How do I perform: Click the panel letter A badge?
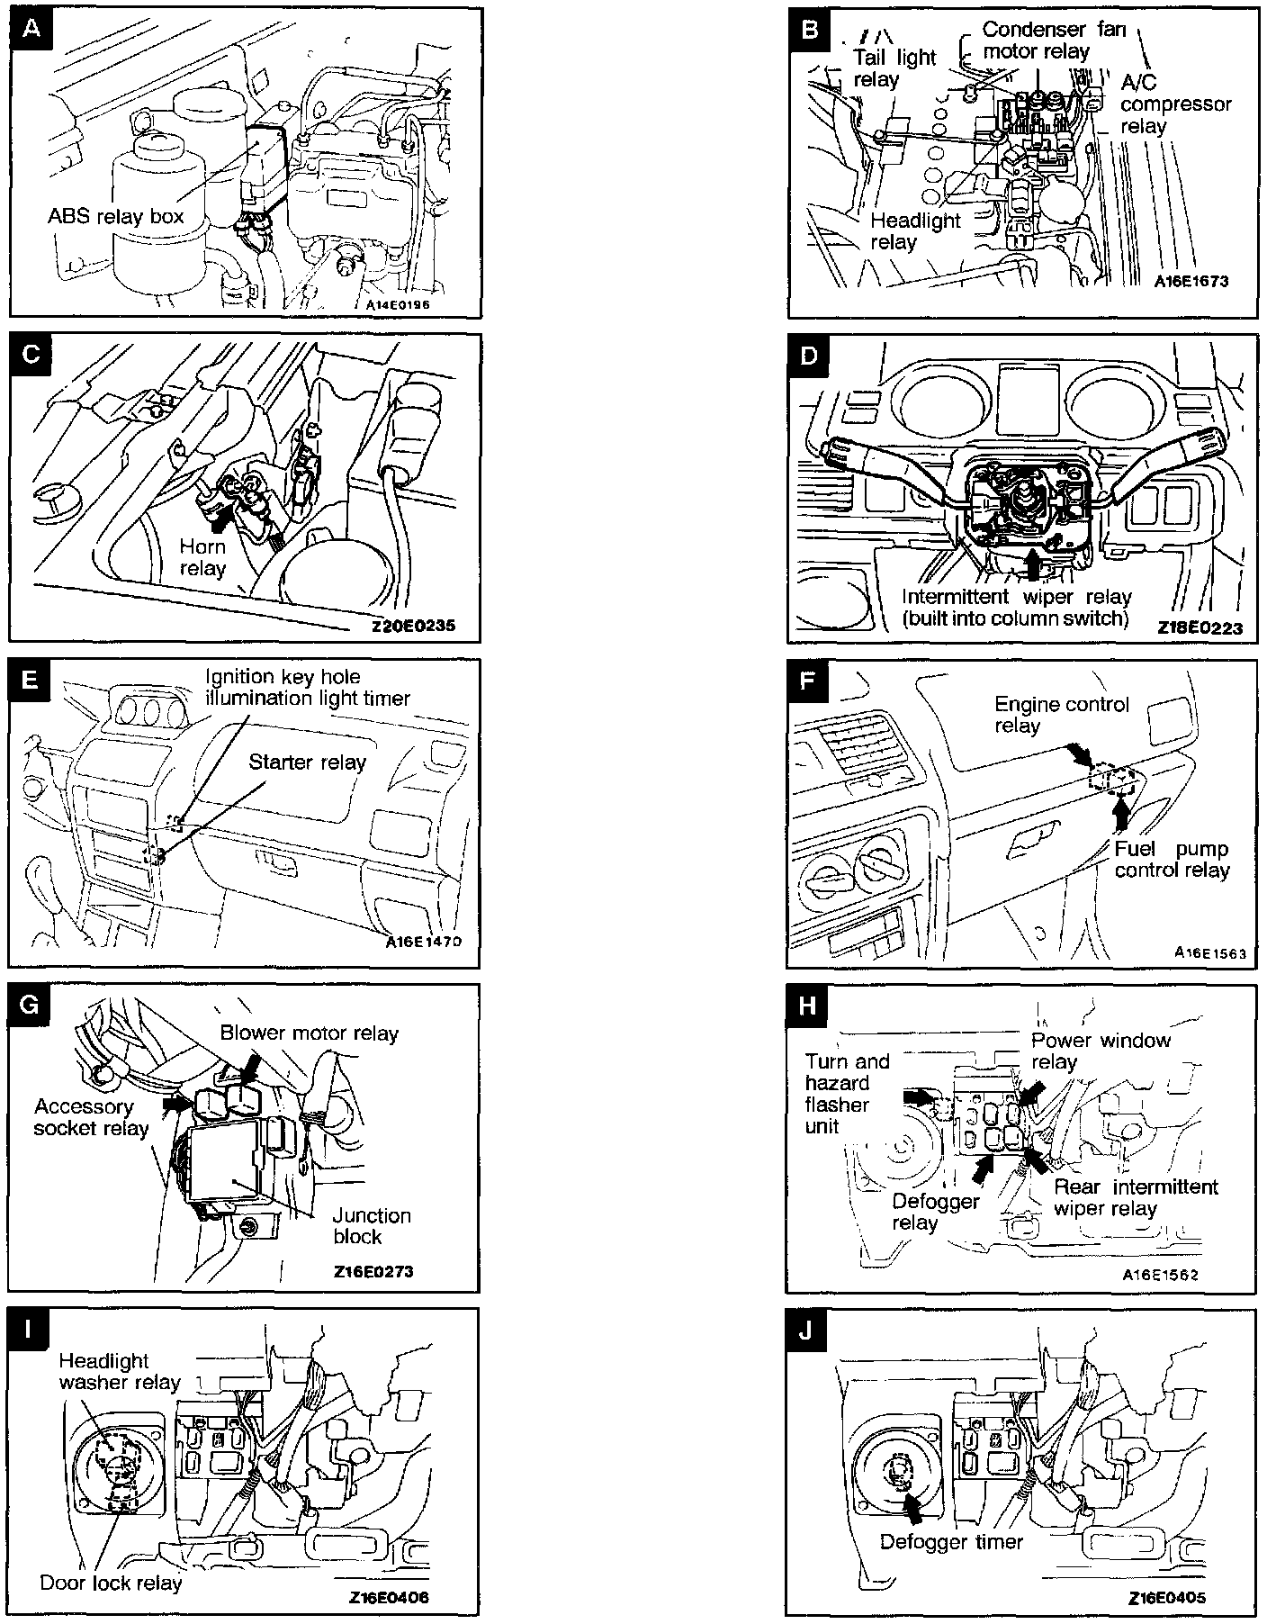point(31,30)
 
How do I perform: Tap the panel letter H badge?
point(807,1005)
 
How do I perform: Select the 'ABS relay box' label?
point(115,216)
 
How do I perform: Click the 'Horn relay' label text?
point(202,557)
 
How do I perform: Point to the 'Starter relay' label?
point(307,762)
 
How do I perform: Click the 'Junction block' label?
point(371,1226)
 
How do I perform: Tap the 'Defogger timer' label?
point(951,1541)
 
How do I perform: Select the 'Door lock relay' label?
point(111,1583)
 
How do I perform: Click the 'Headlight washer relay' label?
point(120,1371)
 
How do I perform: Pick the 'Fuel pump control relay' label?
point(1171,860)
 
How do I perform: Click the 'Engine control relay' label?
point(1061,715)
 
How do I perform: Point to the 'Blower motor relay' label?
point(309,1033)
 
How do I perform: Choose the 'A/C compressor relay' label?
point(1175,104)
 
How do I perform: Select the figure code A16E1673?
point(1191,281)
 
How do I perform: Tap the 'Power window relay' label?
point(1100,1051)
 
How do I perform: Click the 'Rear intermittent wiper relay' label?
point(1135,1197)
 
